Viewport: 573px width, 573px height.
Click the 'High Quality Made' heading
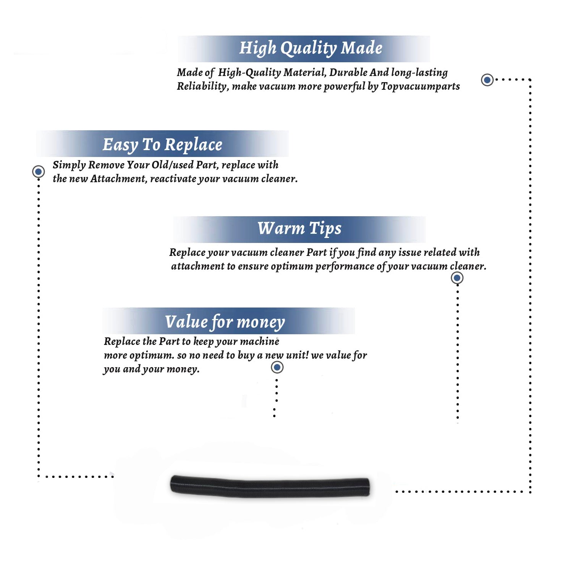click(311, 49)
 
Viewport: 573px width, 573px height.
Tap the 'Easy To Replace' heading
click(162, 145)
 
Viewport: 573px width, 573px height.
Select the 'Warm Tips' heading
click(299, 229)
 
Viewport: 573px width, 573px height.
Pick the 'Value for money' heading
click(225, 322)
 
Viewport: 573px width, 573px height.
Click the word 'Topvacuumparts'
click(420, 87)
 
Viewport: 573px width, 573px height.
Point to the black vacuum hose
click(270, 486)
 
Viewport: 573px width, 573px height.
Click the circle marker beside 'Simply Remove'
click(38, 172)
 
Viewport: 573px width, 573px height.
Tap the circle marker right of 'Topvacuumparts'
click(487, 80)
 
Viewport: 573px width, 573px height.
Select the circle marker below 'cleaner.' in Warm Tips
click(457, 278)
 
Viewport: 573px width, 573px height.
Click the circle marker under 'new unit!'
click(277, 367)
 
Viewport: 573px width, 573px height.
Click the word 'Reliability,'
click(203, 87)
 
